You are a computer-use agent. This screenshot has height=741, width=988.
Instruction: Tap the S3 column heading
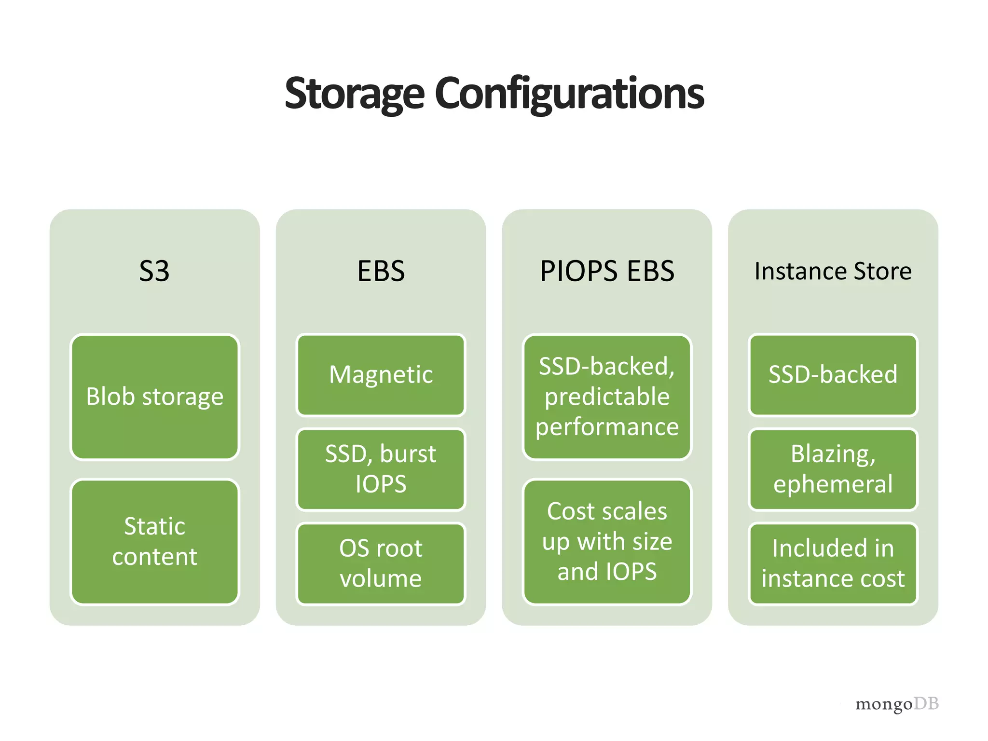pos(154,271)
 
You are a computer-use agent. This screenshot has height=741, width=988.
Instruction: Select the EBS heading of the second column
pos(381,271)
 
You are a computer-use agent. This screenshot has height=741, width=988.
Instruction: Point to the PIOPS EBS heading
pos(607,271)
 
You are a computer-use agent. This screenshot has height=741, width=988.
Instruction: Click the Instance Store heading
pos(833,271)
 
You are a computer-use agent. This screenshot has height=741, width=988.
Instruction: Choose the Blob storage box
pos(154,397)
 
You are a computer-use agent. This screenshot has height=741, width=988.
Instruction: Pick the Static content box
pos(154,541)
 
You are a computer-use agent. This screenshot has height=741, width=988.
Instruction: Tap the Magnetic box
pos(381,375)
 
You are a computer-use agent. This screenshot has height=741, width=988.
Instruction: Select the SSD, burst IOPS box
pos(381,469)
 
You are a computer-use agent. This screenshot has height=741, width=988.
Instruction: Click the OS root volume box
pos(381,563)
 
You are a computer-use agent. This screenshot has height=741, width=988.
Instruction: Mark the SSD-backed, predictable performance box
pos(607,397)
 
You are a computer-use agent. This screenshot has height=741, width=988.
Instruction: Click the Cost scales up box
pos(607,541)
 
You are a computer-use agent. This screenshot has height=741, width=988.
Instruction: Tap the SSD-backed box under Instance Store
pos(833,375)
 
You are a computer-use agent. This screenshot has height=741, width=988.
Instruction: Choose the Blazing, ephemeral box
pos(833,469)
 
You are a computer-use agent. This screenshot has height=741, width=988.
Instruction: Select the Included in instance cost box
pos(833,563)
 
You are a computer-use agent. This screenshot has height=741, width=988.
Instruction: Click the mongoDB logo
pos(896,704)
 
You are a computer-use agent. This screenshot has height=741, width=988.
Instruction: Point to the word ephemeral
pos(833,484)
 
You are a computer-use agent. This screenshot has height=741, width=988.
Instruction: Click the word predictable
pos(607,397)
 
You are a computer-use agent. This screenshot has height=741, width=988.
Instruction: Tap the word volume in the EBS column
pos(381,578)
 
